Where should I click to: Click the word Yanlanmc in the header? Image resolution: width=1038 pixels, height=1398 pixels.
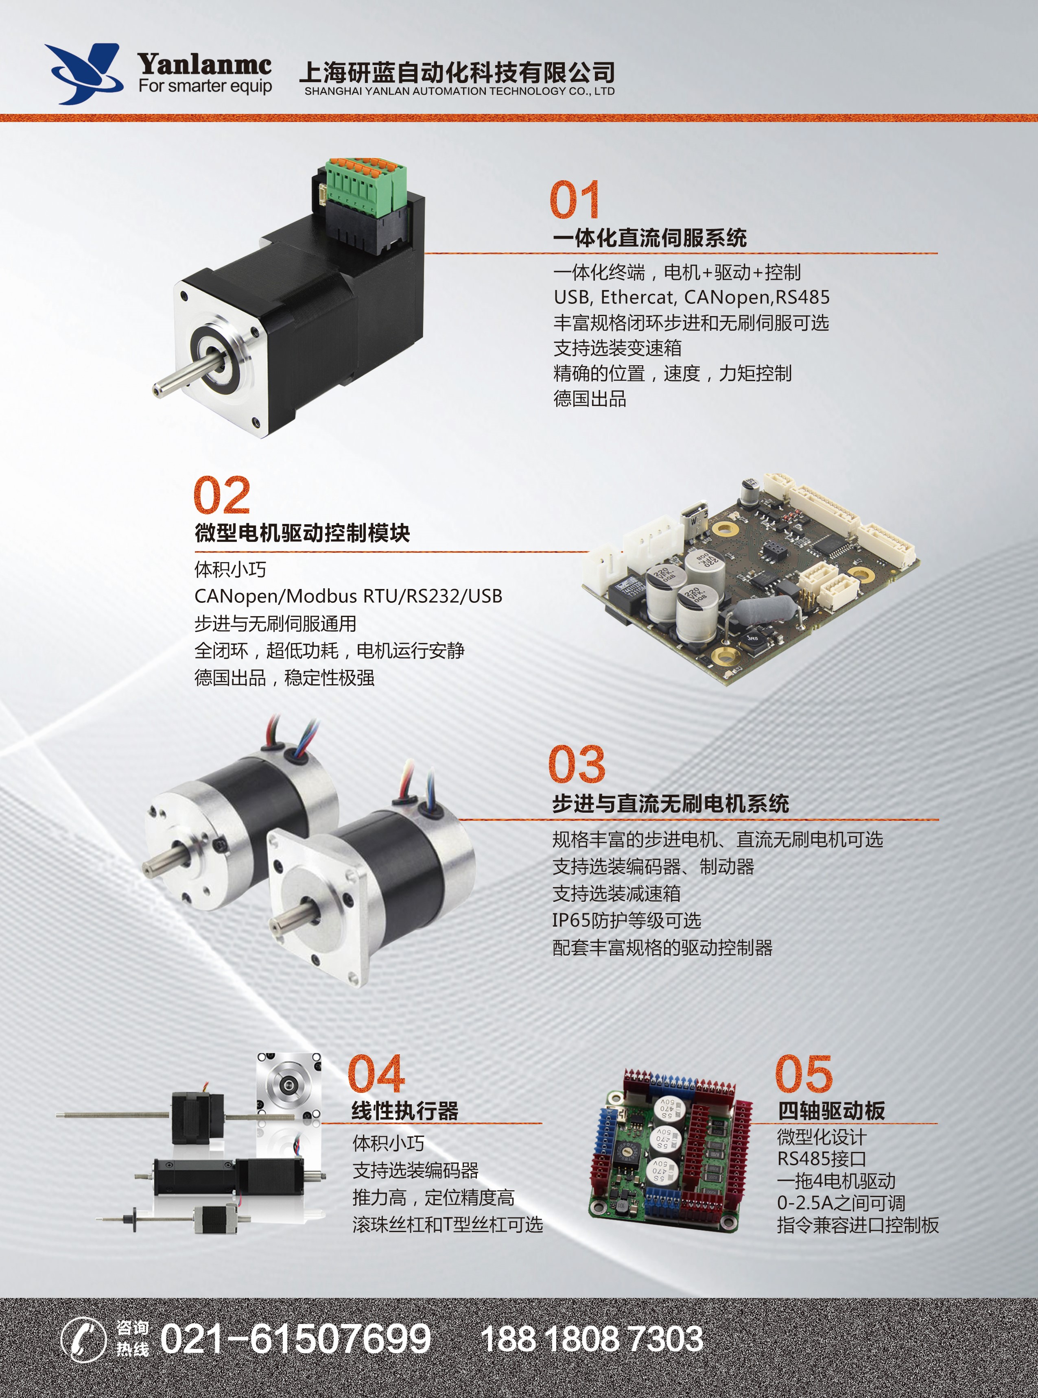205,63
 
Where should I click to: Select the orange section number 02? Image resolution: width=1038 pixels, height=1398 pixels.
222,495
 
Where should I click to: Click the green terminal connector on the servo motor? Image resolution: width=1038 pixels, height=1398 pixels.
365,187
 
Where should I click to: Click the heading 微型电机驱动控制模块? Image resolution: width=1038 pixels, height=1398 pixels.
302,533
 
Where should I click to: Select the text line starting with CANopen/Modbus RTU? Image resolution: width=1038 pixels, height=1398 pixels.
348,596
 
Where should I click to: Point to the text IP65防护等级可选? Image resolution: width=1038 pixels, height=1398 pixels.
627,921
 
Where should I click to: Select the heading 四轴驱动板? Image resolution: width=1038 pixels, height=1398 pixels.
831,1111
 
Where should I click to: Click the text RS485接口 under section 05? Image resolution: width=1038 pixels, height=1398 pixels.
822,1159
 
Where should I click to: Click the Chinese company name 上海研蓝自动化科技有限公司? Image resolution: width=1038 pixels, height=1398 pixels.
457,72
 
